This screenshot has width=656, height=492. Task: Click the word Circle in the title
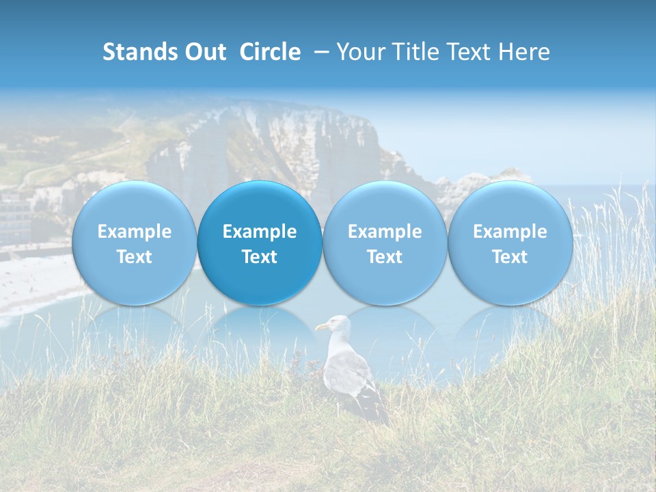[270, 52]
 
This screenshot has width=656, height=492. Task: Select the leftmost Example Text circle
[135, 244]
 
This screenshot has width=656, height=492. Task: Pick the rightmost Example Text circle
[510, 244]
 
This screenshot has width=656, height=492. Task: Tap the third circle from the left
[385, 244]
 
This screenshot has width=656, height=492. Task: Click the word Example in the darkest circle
[260, 232]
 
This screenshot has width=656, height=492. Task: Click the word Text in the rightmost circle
[510, 257]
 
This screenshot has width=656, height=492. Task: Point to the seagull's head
[336, 324]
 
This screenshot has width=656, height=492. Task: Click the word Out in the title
[208, 52]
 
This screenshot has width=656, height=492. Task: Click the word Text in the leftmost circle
[135, 257]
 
